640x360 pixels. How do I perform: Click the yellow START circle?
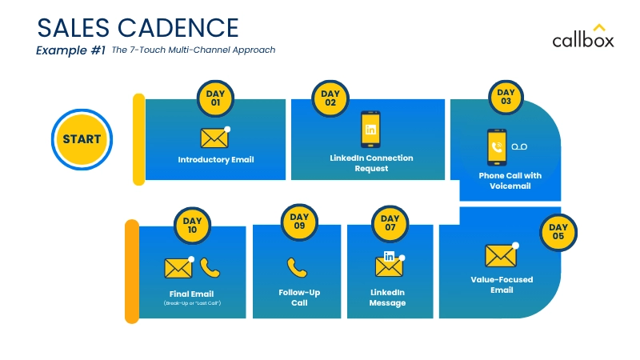pyautogui.click(x=82, y=139)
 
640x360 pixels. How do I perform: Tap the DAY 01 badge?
pyautogui.click(x=214, y=98)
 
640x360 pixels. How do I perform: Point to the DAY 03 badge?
pyautogui.click(x=506, y=97)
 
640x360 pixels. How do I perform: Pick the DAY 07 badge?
pyautogui.click(x=390, y=223)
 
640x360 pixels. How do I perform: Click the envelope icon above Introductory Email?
pyautogui.click(x=214, y=138)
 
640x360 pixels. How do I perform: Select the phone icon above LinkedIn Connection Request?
pyautogui.click(x=371, y=130)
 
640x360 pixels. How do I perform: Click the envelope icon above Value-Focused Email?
pyautogui.click(x=501, y=255)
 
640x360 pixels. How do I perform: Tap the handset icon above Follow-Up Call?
pyautogui.click(x=298, y=267)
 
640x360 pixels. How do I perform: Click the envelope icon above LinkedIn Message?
pyautogui.click(x=389, y=266)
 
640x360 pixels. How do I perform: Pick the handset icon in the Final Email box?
pyautogui.click(x=210, y=267)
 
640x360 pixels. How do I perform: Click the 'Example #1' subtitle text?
pyautogui.click(x=70, y=50)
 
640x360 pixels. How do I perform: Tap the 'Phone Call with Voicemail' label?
pyautogui.click(x=510, y=181)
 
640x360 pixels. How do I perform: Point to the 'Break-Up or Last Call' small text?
pyautogui.click(x=192, y=304)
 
